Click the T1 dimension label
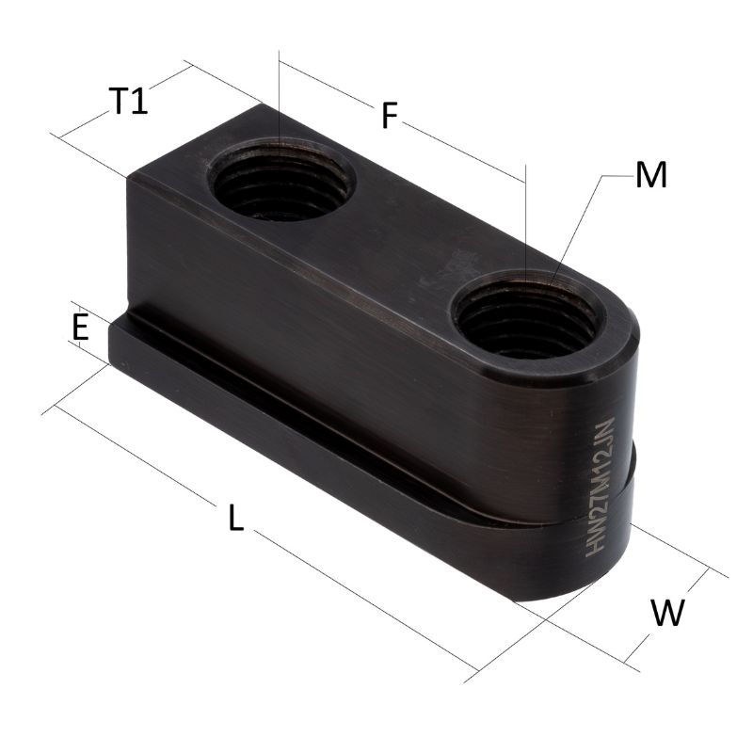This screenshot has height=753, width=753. pyautogui.click(x=128, y=101)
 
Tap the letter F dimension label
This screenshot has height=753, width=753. pyautogui.click(x=390, y=115)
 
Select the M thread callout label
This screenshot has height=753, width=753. pyautogui.click(x=650, y=175)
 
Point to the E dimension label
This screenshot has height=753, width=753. pyautogui.click(x=80, y=327)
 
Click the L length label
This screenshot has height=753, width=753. pyautogui.click(x=236, y=517)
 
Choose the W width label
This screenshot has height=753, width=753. pyautogui.click(x=667, y=613)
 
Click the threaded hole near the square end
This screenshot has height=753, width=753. pyautogui.click(x=280, y=179)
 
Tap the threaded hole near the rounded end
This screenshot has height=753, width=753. pyautogui.click(x=526, y=314)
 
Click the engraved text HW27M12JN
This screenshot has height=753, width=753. pyautogui.click(x=601, y=488)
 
